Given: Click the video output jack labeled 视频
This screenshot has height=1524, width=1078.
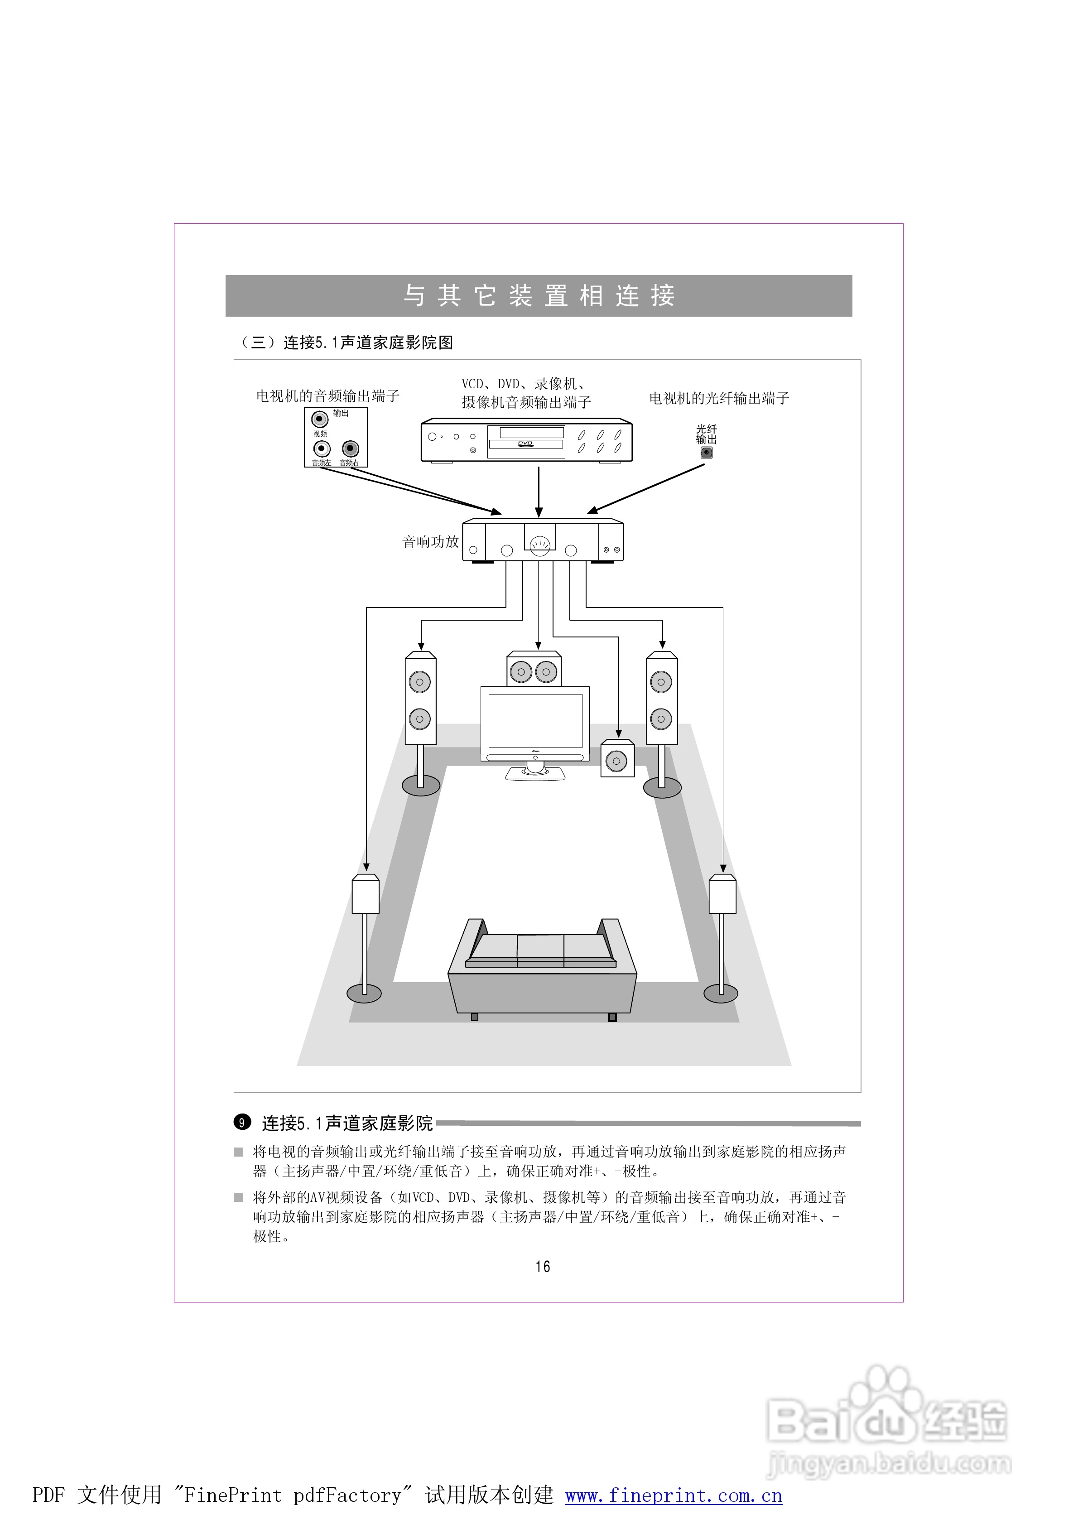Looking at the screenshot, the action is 320,420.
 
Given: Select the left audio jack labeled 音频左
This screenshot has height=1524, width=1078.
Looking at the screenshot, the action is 322,449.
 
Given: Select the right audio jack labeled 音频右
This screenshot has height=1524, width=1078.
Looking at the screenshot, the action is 351,449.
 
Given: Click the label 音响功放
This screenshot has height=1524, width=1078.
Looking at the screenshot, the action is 431,542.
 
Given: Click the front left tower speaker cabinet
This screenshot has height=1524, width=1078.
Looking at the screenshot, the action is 420,699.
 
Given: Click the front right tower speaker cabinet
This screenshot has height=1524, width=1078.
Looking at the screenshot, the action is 661,699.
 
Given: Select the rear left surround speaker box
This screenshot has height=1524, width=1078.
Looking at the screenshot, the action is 365,894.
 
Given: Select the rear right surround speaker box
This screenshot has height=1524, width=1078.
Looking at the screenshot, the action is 722,894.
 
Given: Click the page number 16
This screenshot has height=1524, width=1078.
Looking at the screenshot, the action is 542,1267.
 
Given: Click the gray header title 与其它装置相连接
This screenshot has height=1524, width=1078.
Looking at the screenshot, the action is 539,295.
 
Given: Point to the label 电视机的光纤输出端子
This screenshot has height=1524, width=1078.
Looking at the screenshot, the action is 719,398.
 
